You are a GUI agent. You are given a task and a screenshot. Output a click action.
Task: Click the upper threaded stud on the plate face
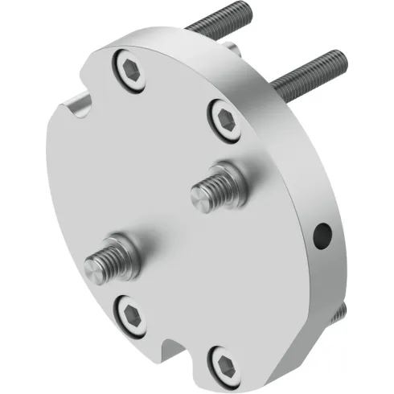pos(212,190)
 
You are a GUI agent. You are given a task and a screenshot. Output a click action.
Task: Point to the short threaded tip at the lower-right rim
pos(341,310)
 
